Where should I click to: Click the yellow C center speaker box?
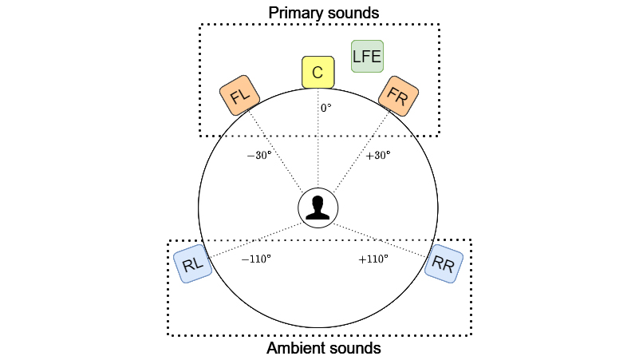(x=318, y=73)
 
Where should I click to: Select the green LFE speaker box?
(x=368, y=57)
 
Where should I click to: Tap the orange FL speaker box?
(x=240, y=97)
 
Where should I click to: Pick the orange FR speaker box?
(x=397, y=96)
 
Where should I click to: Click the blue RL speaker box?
(x=193, y=265)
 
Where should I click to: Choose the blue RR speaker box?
(x=444, y=265)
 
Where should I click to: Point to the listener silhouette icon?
(x=318, y=208)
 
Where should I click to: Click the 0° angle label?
(x=325, y=108)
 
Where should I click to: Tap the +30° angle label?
(x=377, y=156)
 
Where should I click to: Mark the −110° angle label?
(x=256, y=259)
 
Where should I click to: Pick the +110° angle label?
(x=373, y=259)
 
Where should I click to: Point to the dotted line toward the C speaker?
(x=318, y=152)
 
